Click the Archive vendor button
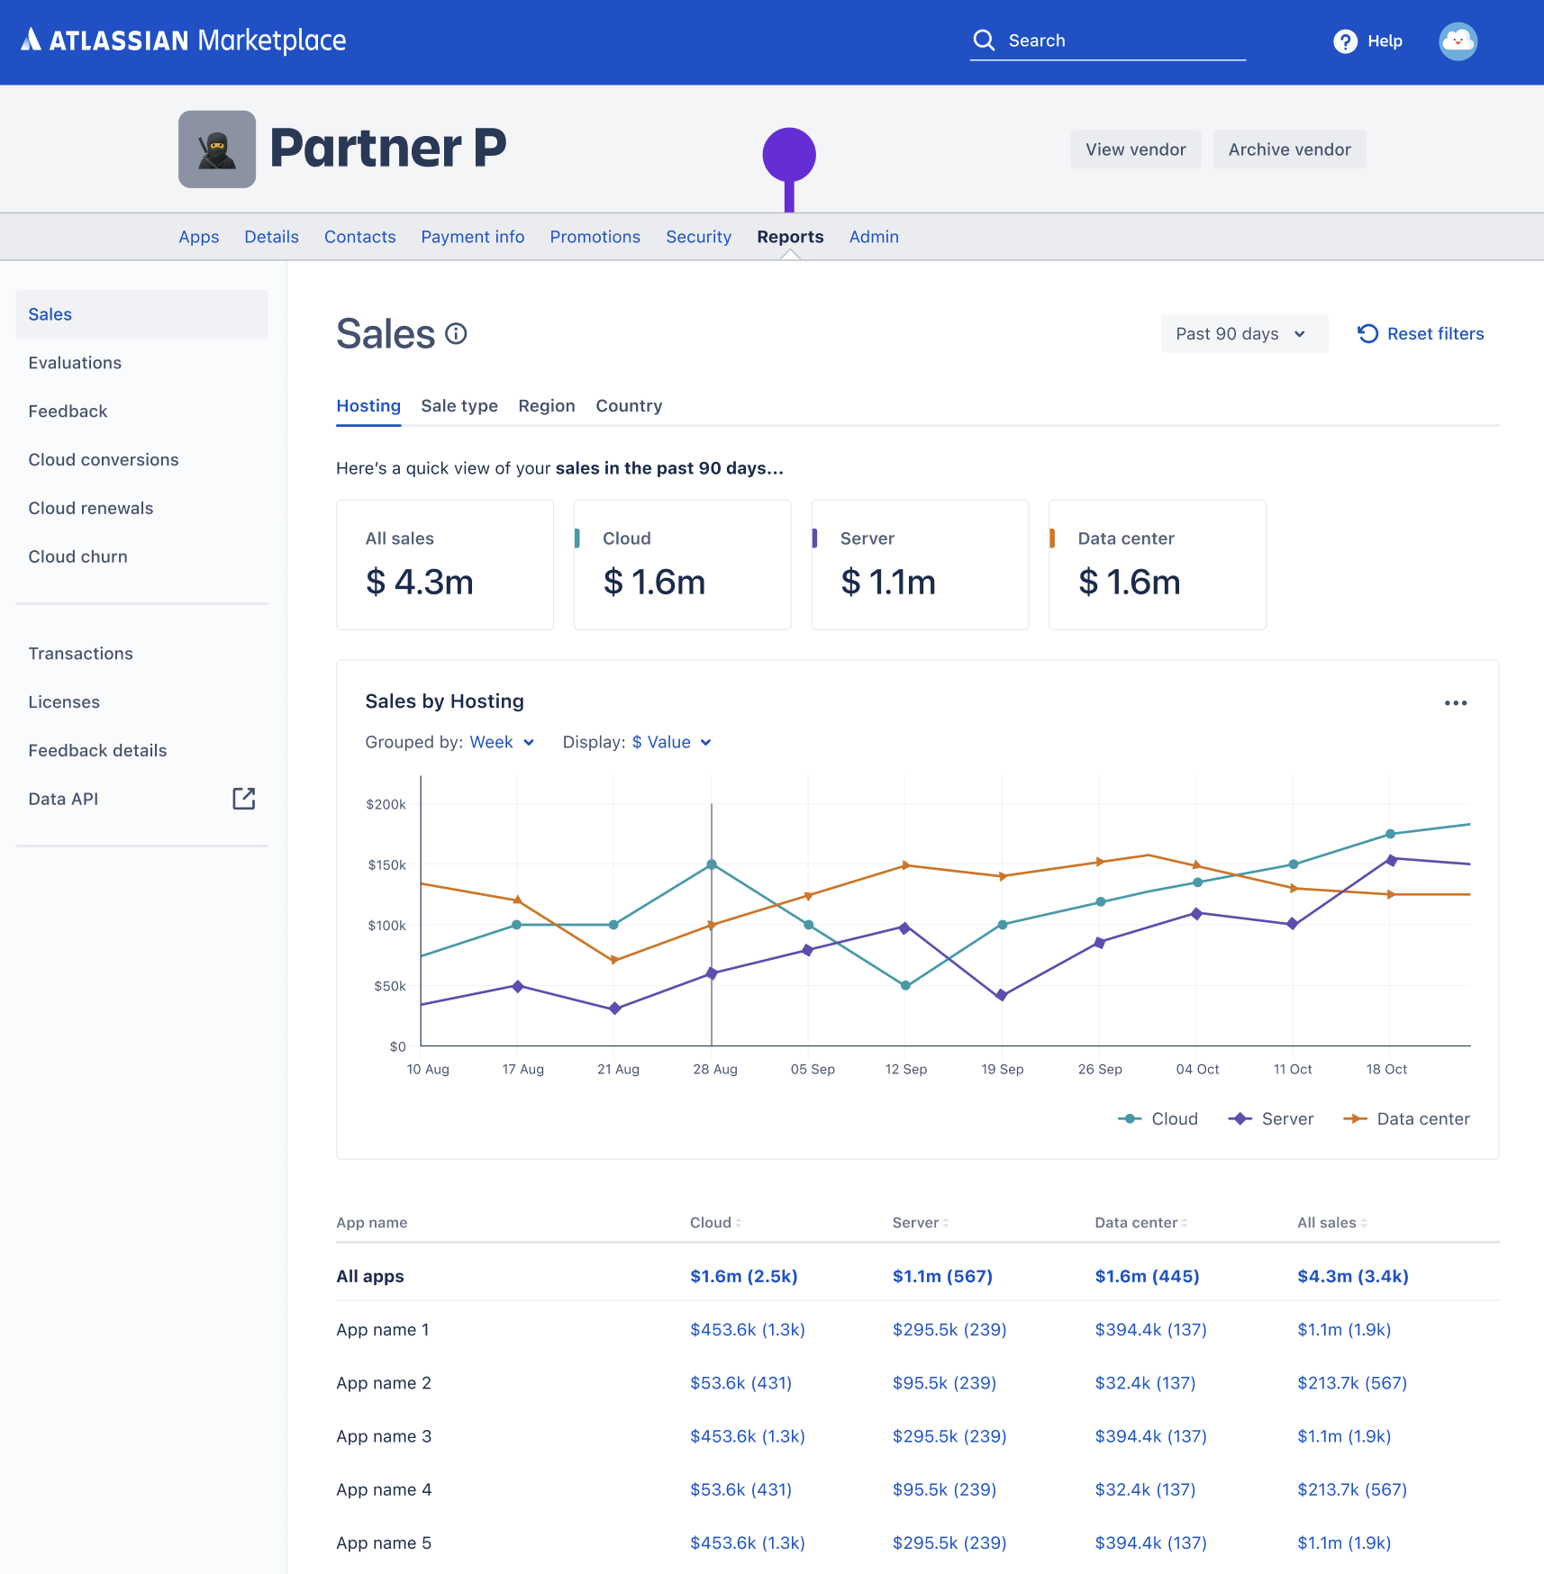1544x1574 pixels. pos(1289,149)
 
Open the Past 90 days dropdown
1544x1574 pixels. pos(1243,334)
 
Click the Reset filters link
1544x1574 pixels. pos(1421,334)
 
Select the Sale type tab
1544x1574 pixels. pos(459,406)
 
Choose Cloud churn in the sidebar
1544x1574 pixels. pos(78,556)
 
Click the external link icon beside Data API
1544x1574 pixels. pos(244,799)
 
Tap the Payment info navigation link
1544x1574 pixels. pos(472,237)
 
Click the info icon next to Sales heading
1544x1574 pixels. pos(457,334)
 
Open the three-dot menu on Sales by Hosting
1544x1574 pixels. pos(1455,702)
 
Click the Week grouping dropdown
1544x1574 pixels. pos(502,742)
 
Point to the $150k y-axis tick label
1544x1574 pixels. pos(386,864)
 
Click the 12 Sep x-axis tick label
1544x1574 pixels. pos(905,1069)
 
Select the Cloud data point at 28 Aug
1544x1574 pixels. pos(712,864)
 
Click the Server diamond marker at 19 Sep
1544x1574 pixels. pos(1002,995)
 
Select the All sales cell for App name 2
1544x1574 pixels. pos(1351,1382)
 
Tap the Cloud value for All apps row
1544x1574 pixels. pos(743,1276)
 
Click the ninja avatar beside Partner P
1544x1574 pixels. pos(217,149)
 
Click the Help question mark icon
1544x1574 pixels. pos(1345,41)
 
